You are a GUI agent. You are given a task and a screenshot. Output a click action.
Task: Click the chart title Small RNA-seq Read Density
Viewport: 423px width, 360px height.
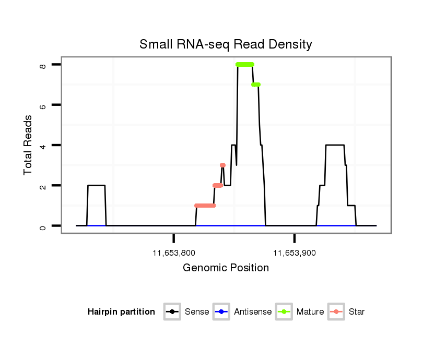226,45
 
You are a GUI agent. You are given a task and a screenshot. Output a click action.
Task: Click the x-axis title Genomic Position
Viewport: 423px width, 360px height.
226,268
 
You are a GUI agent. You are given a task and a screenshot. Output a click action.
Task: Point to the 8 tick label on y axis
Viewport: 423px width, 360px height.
43,65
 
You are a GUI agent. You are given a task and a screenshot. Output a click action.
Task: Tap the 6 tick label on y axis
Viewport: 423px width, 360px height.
43,105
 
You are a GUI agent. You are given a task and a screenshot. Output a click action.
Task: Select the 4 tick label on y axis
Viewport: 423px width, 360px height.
43,145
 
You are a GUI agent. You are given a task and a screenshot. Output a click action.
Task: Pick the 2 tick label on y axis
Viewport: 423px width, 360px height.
43,186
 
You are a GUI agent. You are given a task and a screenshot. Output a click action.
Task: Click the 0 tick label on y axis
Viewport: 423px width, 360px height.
43,226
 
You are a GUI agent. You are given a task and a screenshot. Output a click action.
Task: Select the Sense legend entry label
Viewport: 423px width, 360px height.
197,312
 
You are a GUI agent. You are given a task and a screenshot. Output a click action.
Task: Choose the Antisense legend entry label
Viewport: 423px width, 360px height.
253,312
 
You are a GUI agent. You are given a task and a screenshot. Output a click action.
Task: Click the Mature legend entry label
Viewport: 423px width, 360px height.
310,312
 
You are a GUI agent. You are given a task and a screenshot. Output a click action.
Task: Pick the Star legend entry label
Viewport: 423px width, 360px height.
357,312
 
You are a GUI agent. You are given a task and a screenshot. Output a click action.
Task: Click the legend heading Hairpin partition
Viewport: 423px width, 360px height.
121,312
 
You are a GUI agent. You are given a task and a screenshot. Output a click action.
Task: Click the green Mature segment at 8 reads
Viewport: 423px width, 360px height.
245,64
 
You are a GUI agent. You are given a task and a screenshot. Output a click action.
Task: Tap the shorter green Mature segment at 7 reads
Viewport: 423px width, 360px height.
256,85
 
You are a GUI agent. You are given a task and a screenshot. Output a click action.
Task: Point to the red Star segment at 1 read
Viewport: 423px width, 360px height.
205,206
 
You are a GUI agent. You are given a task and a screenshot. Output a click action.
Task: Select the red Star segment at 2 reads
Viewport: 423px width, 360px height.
218,185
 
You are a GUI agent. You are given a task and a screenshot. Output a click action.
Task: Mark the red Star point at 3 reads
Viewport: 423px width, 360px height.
223,165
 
